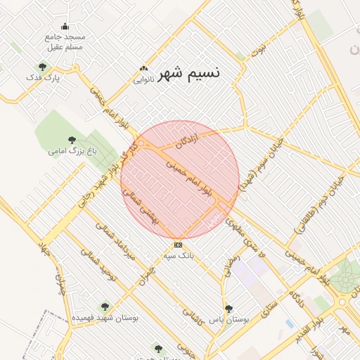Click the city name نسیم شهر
point(189,74)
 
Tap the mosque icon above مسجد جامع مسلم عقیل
point(65,27)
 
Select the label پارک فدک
point(44,77)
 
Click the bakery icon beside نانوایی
point(143,69)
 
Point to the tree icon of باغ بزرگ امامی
point(72,139)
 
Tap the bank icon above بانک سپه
point(178,245)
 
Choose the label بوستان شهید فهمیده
point(105,318)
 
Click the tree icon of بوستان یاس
point(228,308)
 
